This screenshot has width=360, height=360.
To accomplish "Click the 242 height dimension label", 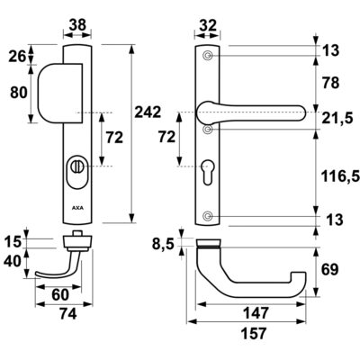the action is point(148,112).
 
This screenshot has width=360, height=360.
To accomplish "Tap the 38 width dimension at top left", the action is point(77,25).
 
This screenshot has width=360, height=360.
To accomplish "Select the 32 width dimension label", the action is point(208,25).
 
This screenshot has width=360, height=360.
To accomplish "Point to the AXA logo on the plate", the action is point(77,208).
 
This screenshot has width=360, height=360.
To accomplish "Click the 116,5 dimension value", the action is point(341,176).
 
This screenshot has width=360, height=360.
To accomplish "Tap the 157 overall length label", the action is point(254,333).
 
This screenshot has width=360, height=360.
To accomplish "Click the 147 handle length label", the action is point(256,313).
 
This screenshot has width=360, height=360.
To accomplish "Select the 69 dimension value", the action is point(329,270).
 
